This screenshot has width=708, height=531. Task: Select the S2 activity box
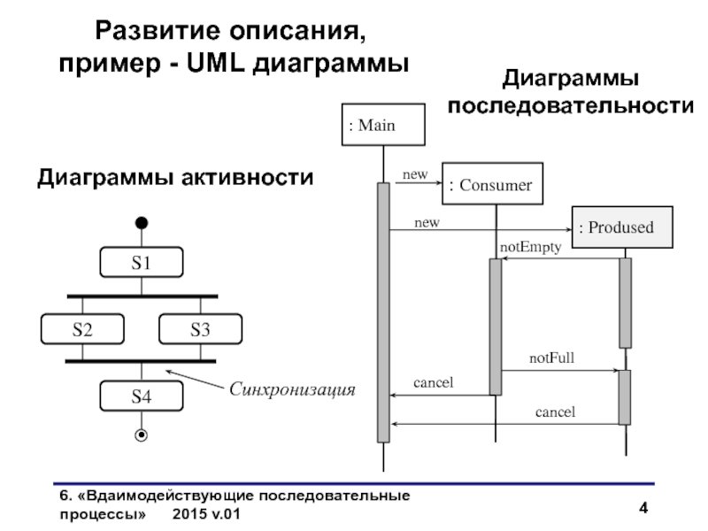(x=82, y=329)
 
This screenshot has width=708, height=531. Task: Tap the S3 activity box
(x=200, y=329)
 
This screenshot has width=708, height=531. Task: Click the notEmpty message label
(x=530, y=247)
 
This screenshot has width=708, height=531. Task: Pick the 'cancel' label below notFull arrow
(x=555, y=412)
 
